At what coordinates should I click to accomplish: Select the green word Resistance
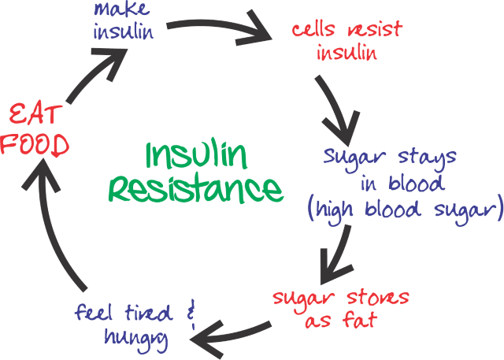pyautogui.click(x=195, y=189)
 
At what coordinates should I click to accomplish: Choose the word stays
pyautogui.click(x=426, y=157)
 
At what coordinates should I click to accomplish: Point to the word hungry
pyautogui.click(x=133, y=337)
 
